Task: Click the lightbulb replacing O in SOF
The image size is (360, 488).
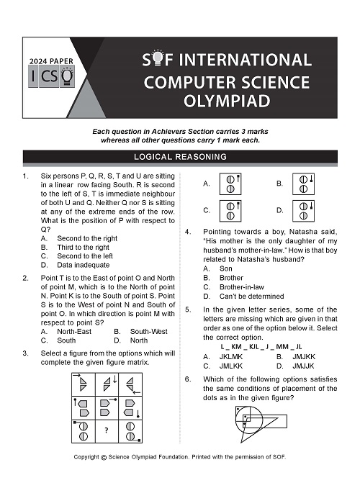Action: pyautogui.click(x=158, y=58)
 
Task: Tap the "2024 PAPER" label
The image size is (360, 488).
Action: pyautogui.click(x=51, y=61)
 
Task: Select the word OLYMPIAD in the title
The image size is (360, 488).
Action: pyautogui.click(x=227, y=101)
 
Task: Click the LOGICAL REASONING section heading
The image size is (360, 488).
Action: pyautogui.click(x=180, y=156)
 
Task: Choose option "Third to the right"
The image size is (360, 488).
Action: pyautogui.click(x=83, y=248)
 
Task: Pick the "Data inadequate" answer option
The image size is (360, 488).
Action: pyautogui.click(x=83, y=265)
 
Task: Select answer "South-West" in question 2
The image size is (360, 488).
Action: pyautogui.click(x=149, y=332)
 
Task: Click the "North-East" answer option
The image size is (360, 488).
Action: pyautogui.click(x=74, y=332)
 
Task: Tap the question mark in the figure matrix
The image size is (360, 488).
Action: pyautogui.click(x=107, y=430)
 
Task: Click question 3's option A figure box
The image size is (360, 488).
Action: pyautogui.click(x=230, y=184)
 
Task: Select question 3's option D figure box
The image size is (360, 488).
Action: pyautogui.click(x=303, y=211)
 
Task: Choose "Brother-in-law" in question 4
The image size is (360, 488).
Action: pyautogui.click(x=242, y=287)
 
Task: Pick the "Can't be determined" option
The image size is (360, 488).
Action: pyautogui.click(x=251, y=297)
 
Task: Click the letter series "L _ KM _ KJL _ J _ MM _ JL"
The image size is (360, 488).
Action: pyautogui.click(x=261, y=347)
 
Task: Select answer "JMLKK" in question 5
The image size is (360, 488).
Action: pyautogui.click(x=231, y=366)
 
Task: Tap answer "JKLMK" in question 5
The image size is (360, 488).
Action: pyautogui.click(x=231, y=357)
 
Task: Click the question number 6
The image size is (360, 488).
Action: pyautogui.click(x=187, y=379)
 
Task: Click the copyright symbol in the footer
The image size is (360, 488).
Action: pyautogui.click(x=104, y=458)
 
